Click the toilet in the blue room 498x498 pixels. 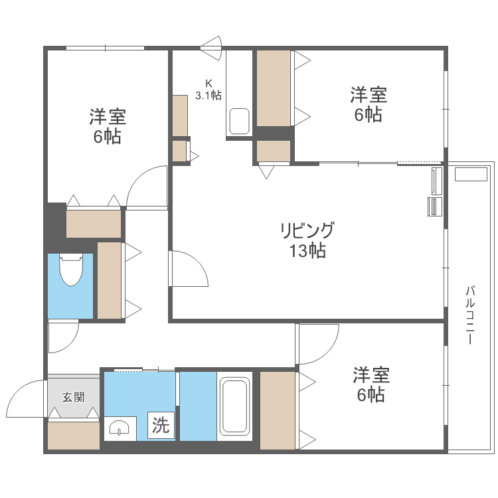(x=70, y=270)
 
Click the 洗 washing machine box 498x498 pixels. (x=161, y=425)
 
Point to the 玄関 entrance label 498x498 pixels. (x=73, y=398)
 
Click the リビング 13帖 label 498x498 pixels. (x=307, y=240)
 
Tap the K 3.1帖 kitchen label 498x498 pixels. (x=208, y=89)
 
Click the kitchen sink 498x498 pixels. (x=239, y=122)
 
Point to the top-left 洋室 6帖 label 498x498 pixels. (x=108, y=127)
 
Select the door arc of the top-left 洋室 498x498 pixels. (x=146, y=187)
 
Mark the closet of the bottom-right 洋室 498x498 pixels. (x=277, y=410)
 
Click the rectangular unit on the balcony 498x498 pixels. (x=471, y=175)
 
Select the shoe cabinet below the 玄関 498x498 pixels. (x=73, y=436)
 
